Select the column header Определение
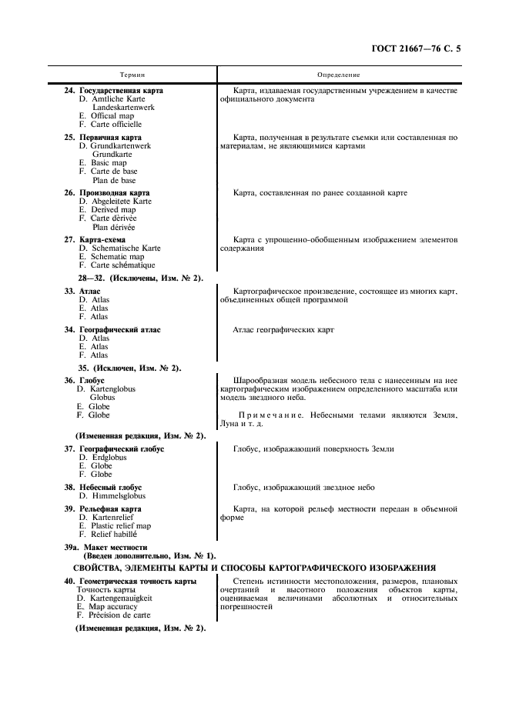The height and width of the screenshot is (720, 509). [338, 75]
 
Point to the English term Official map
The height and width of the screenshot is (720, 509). [112, 116]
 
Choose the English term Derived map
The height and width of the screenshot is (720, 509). [113, 210]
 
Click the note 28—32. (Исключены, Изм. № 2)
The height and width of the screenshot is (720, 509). [140, 278]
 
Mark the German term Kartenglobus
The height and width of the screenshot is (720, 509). [112, 389]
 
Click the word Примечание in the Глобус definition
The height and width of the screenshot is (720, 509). [266, 415]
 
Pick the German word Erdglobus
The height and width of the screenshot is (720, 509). [109, 458]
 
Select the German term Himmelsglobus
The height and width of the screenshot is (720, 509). [116, 496]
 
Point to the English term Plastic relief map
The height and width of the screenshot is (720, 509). [121, 526]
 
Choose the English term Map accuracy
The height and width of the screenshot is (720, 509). [114, 606]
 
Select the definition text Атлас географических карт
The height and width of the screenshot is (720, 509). [283, 330]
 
